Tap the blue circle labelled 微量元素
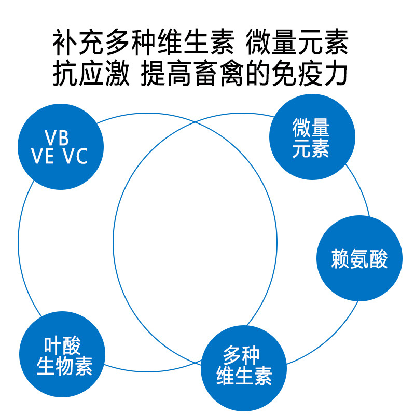click(312, 137)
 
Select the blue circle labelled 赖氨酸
click(359, 258)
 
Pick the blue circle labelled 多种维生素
click(244, 367)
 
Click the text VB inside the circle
click(57, 137)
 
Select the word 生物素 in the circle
click(64, 366)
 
